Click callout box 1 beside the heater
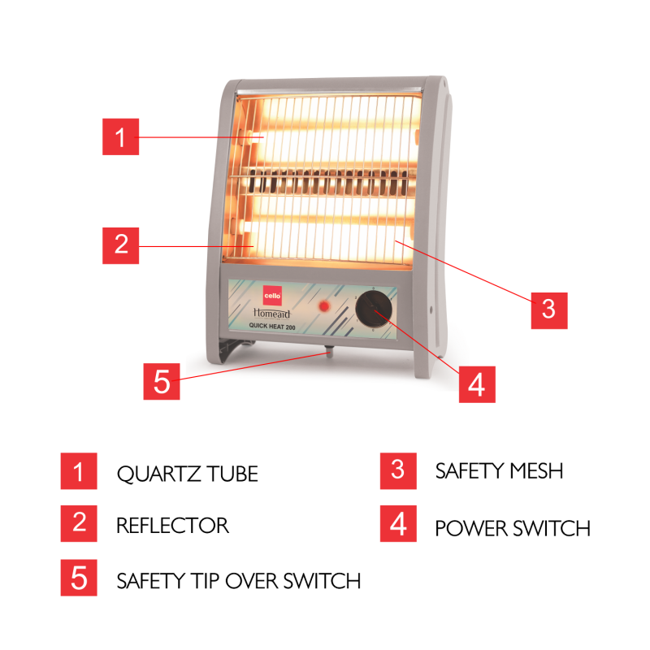120,136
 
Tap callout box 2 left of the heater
120,245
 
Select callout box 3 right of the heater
549,310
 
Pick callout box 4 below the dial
477,384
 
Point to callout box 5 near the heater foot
162,381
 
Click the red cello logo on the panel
272,296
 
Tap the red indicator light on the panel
323,306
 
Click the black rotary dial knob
374,309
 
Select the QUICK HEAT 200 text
272,327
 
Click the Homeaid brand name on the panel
272,313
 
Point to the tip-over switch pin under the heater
329,352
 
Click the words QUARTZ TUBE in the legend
188,474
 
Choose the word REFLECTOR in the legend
172,525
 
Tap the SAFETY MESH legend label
499,471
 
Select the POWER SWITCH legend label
513,529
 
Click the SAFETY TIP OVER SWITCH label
239,581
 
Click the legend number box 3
398,471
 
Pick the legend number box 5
79,578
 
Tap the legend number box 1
79,471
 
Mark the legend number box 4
398,523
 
